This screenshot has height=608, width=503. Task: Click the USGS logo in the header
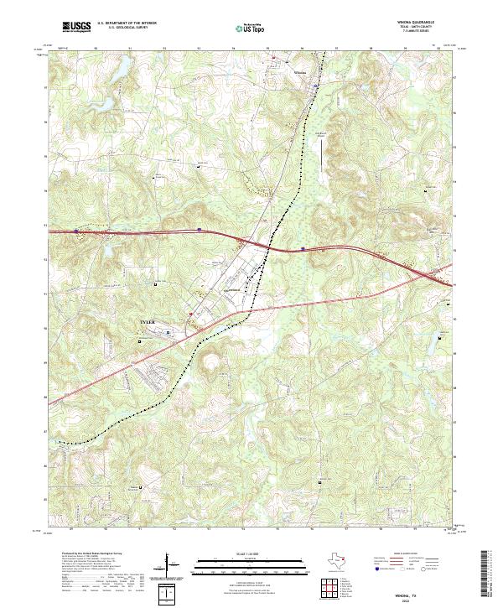click(x=76, y=27)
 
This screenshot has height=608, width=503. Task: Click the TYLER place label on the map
click(x=148, y=321)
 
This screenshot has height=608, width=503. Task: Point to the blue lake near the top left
click(x=123, y=64)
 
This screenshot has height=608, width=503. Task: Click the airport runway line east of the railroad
click(x=321, y=156)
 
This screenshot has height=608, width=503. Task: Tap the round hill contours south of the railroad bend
click(x=208, y=362)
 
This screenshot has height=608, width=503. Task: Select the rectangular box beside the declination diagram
click(x=169, y=595)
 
